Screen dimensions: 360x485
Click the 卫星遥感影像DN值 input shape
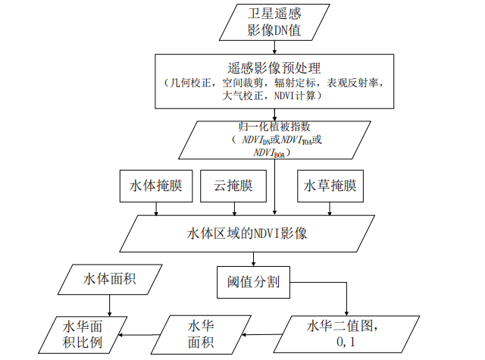pos(274,23)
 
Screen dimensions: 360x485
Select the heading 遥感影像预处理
pos(274,67)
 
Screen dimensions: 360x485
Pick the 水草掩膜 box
pos(330,186)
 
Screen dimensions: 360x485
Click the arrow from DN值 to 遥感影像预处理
pos(274,47)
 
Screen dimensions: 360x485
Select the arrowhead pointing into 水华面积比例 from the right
pos(130,335)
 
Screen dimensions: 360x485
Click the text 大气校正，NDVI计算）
pos(274,97)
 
